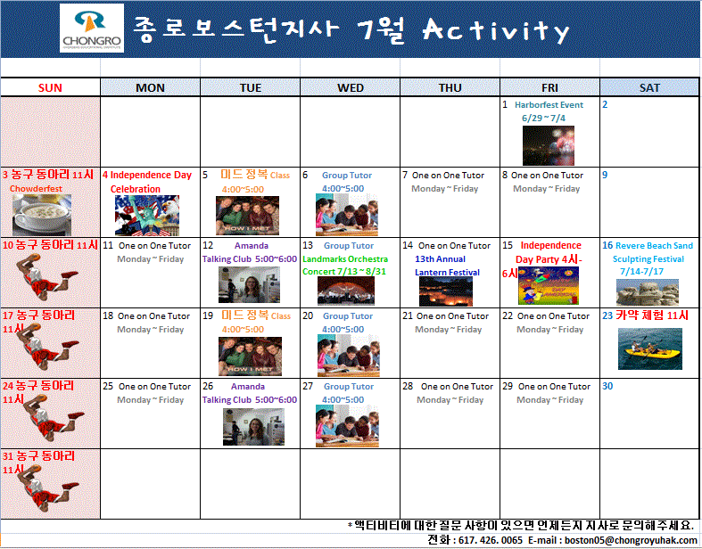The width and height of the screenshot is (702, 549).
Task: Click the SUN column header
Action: pyautogui.click(x=50, y=87)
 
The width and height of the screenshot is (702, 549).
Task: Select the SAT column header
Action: pyautogui.click(x=649, y=87)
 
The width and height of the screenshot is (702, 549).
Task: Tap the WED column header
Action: pyautogui.click(x=351, y=87)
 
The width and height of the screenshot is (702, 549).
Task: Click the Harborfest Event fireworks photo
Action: pyautogui.click(x=549, y=145)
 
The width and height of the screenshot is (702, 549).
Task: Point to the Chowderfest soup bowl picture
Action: pyautogui.click(x=42, y=214)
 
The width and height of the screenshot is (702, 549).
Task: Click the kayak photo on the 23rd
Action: pyautogui.click(x=649, y=349)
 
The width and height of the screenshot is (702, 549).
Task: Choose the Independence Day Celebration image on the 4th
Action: pyautogui.click(x=147, y=215)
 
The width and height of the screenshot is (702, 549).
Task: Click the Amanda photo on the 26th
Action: pyautogui.click(x=247, y=426)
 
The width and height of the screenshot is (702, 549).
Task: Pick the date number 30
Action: pyautogui.click(x=607, y=386)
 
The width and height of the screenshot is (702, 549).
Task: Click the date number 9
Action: pyautogui.click(x=605, y=175)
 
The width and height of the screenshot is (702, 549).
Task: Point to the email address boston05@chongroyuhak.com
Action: pyautogui.click(x=633, y=540)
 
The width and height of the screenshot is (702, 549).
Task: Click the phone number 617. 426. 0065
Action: pyautogui.click(x=487, y=540)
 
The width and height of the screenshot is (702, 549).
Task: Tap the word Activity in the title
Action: pyautogui.click(x=495, y=32)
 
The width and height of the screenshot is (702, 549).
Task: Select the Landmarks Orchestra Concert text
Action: pyautogui.click(x=344, y=266)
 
